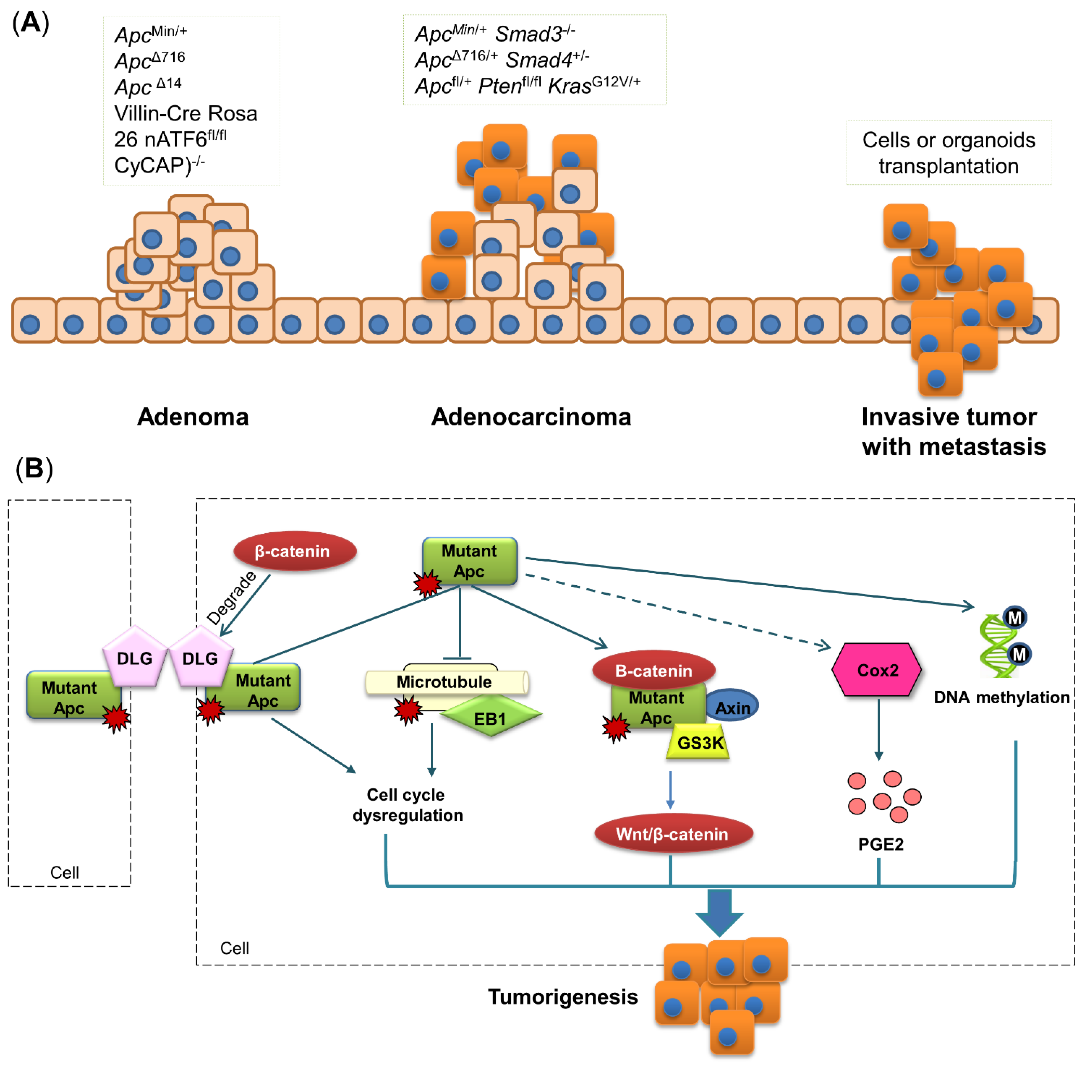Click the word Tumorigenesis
tap(562, 996)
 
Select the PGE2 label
tap(880, 843)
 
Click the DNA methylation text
tap(1001, 697)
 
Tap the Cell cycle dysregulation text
tap(407, 804)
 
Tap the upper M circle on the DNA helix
tap(1014, 617)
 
